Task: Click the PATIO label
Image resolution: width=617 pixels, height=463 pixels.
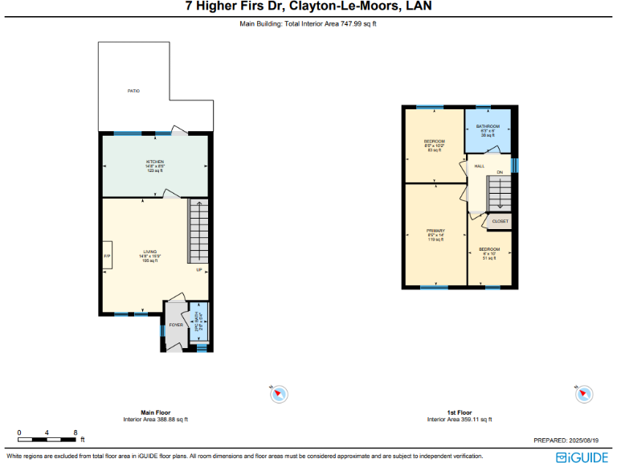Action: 133,91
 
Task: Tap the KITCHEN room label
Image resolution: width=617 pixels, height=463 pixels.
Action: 154,162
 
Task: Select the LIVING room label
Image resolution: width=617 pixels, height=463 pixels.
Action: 150,252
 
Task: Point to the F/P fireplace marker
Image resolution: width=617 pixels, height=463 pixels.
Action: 107,256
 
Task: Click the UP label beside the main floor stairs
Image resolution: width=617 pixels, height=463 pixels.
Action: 199,270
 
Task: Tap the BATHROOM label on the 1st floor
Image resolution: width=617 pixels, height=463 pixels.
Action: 488,126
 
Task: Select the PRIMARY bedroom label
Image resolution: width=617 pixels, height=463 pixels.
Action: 435,231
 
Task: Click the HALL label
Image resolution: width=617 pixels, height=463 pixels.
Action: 479,166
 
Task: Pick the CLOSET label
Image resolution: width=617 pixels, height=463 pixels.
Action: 500,221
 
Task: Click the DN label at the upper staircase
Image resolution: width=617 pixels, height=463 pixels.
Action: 499,172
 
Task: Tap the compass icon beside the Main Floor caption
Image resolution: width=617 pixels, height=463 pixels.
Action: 279,394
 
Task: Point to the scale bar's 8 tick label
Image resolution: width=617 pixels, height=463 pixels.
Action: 75,432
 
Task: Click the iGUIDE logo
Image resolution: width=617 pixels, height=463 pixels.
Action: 583,456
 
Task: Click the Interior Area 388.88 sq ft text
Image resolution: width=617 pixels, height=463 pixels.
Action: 155,419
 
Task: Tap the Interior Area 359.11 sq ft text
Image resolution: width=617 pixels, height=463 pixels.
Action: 459,419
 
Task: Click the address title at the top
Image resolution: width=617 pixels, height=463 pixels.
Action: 308,7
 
